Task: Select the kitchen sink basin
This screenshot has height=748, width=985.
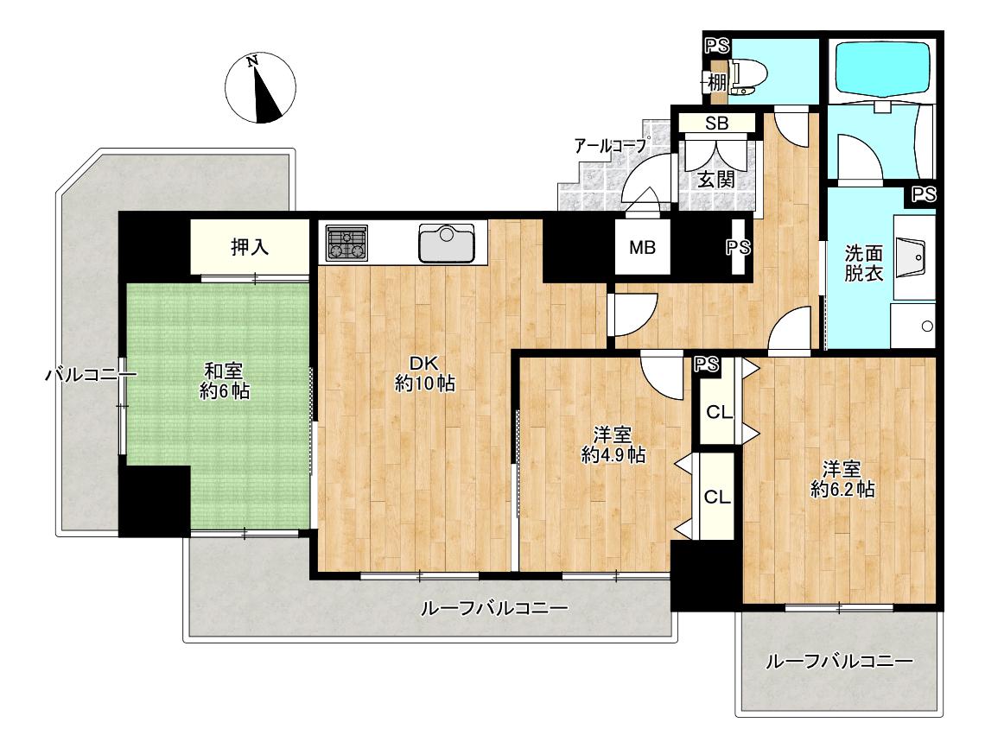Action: point(447,243)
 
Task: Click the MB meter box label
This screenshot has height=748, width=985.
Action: point(642,247)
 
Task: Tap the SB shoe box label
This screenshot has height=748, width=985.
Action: point(716,124)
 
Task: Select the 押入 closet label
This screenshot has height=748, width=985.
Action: point(250,247)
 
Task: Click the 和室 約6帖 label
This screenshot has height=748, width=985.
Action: point(225,381)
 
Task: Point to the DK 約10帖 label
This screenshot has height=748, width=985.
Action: point(424,373)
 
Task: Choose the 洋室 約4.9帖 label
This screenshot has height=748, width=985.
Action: point(613,445)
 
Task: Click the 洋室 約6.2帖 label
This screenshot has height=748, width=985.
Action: point(842,479)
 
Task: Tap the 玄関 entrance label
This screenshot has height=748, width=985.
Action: point(716,180)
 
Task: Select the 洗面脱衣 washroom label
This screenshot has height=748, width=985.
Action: point(864,263)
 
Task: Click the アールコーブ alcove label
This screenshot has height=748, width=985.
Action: point(610,146)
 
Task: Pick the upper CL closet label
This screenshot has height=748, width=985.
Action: point(719,413)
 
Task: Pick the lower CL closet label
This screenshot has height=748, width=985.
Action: point(717,498)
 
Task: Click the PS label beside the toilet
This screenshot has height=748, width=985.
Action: point(716,46)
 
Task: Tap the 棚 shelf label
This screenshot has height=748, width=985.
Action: point(717,82)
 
